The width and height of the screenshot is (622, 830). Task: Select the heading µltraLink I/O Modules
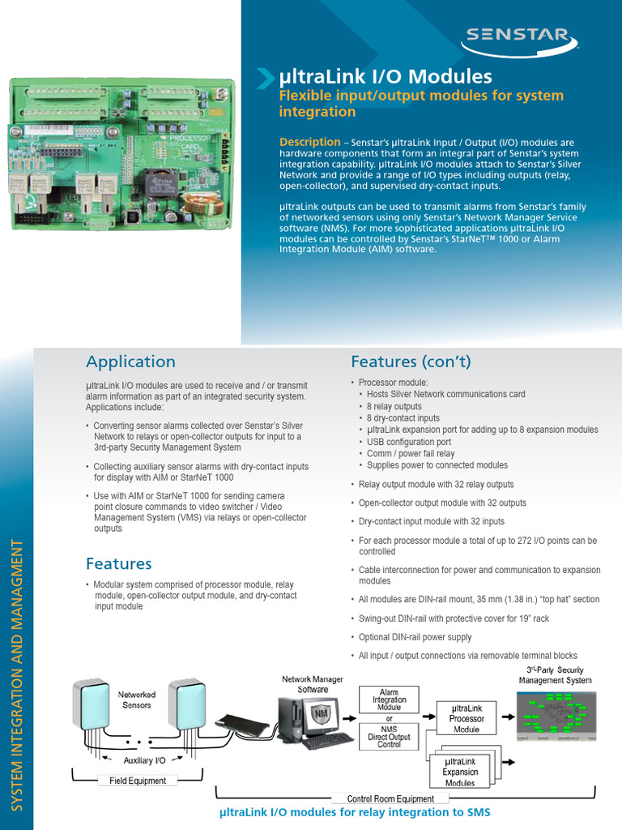coord(386,77)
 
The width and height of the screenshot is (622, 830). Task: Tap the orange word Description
coord(309,142)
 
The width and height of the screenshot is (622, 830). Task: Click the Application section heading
coord(130,362)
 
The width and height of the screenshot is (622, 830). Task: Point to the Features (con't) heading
coord(411,362)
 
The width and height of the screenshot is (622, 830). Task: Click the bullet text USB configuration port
coord(409,442)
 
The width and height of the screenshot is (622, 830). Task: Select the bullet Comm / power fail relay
coord(411,454)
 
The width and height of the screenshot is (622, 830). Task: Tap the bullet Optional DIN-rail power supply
coord(415,638)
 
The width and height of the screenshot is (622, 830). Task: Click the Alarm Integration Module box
coord(390,700)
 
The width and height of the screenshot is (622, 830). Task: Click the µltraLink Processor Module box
coord(466,718)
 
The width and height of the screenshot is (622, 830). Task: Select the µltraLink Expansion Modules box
coord(460,772)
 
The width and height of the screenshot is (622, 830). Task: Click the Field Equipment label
coord(137,781)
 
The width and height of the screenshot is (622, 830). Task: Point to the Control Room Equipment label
coord(390,798)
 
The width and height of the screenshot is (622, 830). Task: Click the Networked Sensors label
coord(137,700)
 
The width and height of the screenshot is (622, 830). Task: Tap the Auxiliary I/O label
coord(145,760)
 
